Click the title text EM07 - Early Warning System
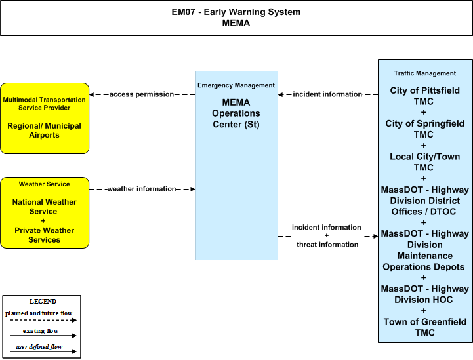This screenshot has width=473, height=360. [x=236, y=12]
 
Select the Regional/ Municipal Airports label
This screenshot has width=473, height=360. [x=45, y=130]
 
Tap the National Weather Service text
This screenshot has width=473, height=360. [x=45, y=207]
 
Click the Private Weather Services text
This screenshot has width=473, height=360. [x=45, y=235]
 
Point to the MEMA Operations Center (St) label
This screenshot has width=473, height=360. [x=236, y=113]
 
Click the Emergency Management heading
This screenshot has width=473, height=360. [x=236, y=85]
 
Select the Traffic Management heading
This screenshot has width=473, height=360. [x=425, y=73]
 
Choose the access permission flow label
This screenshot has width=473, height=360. [x=142, y=94]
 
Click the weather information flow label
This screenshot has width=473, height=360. [x=142, y=189]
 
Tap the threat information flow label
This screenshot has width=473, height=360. [x=327, y=244]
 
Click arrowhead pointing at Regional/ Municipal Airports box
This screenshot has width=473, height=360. [x=91, y=94]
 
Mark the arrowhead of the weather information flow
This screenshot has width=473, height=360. [x=193, y=189]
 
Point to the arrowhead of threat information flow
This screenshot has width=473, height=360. [x=375, y=236]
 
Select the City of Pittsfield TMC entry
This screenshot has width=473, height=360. [x=424, y=96]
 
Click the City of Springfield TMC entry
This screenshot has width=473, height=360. [x=424, y=129]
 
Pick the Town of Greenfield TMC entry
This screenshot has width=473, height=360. [x=424, y=327]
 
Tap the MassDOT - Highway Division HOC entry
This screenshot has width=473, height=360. [x=424, y=294]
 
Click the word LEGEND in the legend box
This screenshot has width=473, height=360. [x=43, y=302]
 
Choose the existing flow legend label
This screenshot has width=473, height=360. [x=41, y=331]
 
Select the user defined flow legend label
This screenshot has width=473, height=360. [x=39, y=347]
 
